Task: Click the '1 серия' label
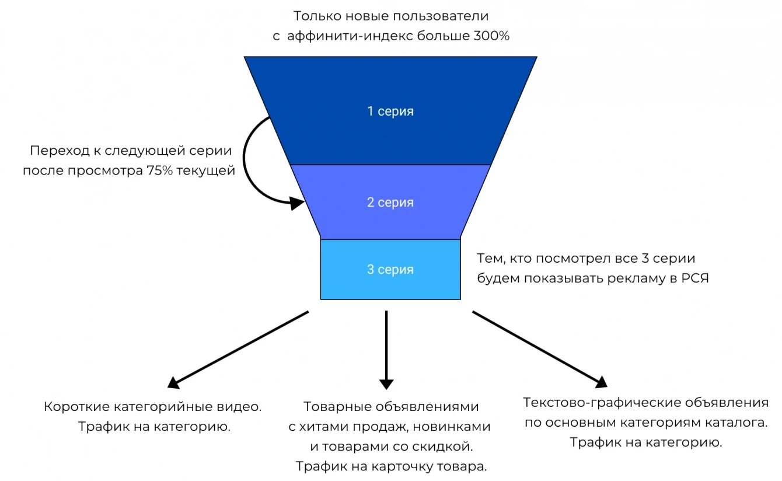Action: (390, 111)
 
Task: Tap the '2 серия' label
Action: (390, 203)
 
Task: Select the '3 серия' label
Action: (390, 270)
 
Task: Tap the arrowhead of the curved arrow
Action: (298, 203)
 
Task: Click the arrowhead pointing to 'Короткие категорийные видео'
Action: (173, 383)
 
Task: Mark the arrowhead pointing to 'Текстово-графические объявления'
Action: (601, 382)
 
